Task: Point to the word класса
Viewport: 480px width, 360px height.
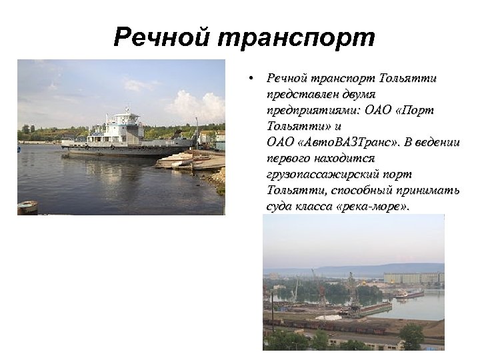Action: point(312,206)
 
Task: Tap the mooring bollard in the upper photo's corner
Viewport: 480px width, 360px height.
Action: point(27,207)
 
